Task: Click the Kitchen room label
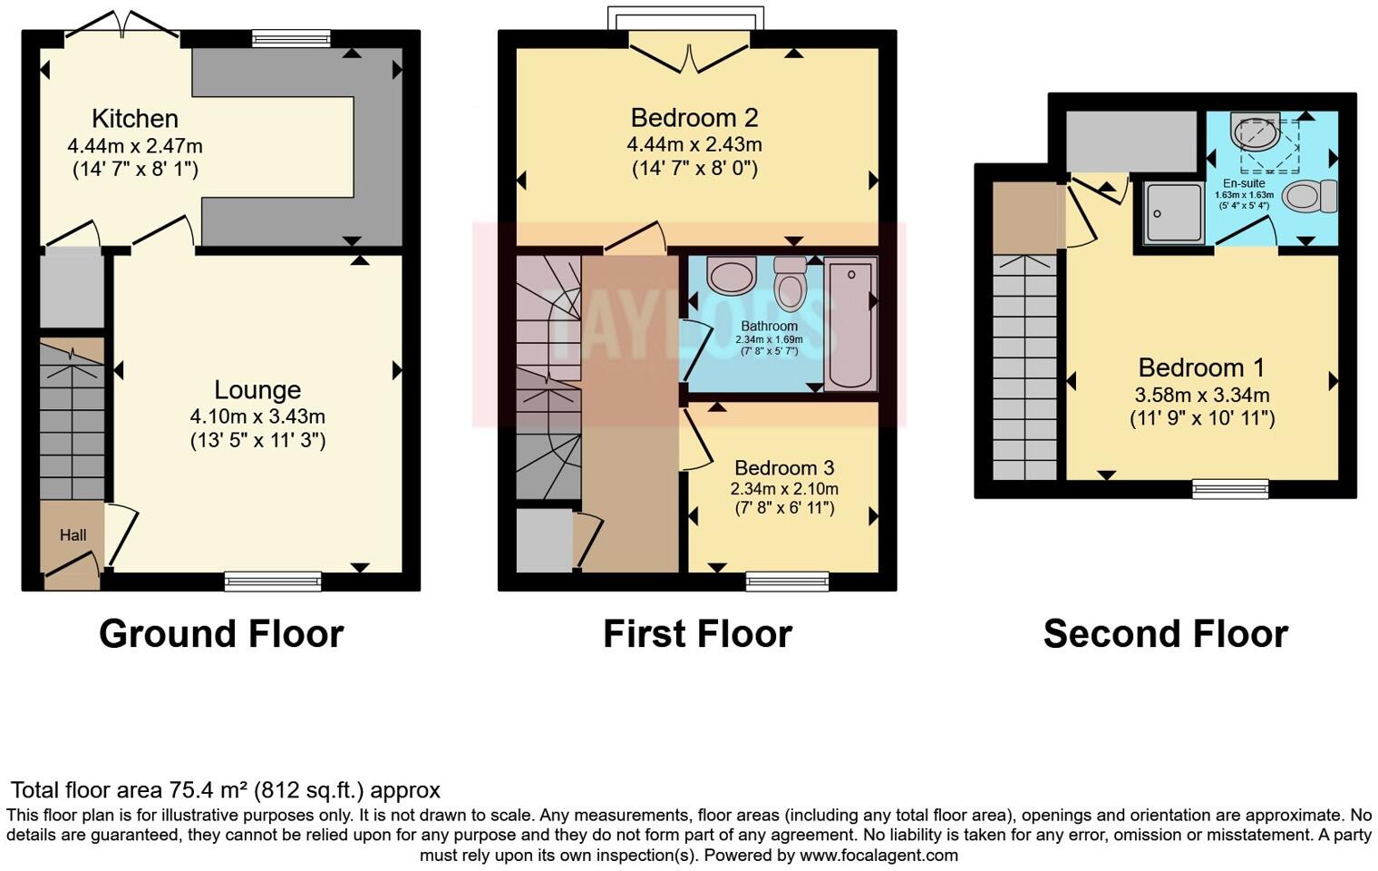click(x=134, y=119)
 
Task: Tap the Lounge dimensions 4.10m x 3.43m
click(x=257, y=416)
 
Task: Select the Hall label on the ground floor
click(x=73, y=535)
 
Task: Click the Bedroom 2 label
click(x=694, y=118)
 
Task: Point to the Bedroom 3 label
click(x=783, y=468)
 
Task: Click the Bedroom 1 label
click(x=1201, y=367)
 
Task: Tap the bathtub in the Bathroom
click(x=850, y=323)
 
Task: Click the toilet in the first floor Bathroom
click(x=791, y=284)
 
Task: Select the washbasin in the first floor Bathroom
click(x=731, y=275)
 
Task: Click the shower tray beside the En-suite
click(x=1173, y=213)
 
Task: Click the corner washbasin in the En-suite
click(x=1257, y=132)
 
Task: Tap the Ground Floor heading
click(x=221, y=633)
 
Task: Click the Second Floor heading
click(x=1165, y=633)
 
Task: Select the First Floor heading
click(x=697, y=633)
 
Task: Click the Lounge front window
click(x=273, y=581)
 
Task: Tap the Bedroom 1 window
click(x=1229, y=489)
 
